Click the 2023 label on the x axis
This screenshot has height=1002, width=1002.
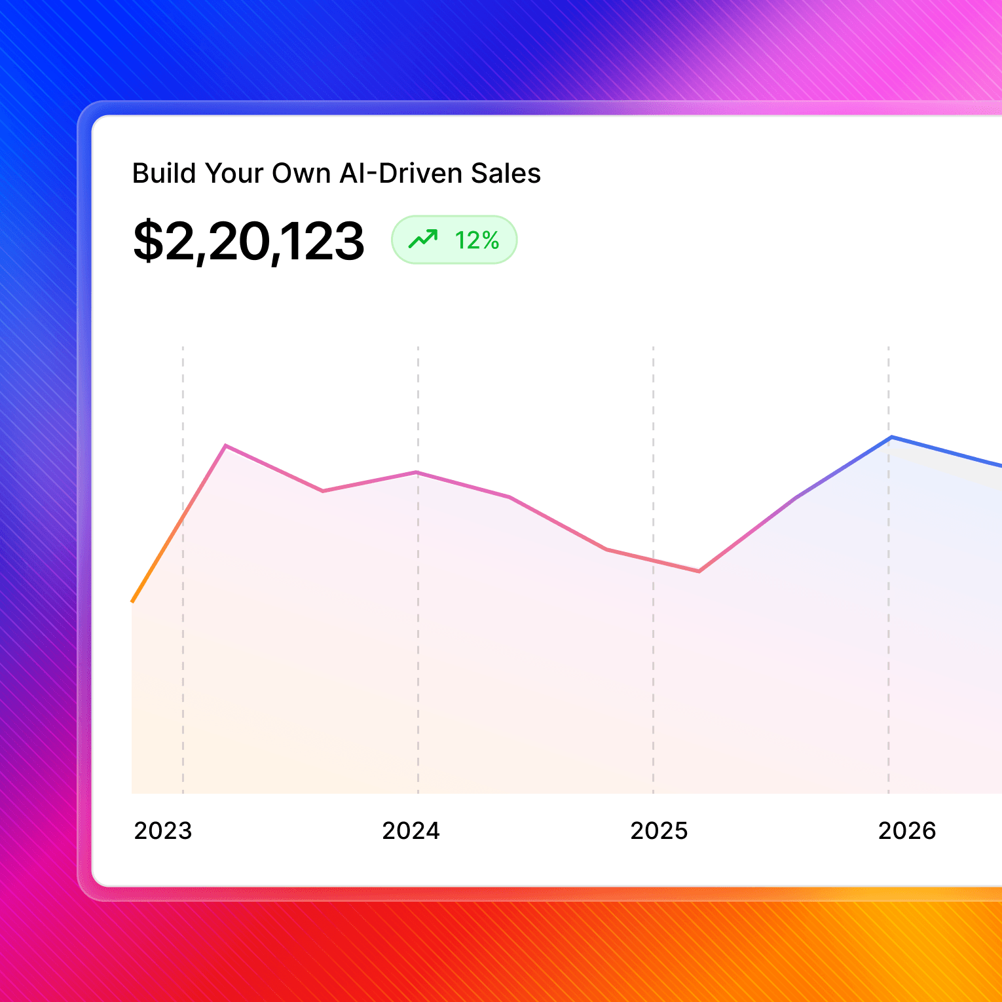click(x=163, y=830)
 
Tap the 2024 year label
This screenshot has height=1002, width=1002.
click(x=411, y=830)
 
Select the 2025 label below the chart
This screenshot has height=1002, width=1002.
click(x=659, y=830)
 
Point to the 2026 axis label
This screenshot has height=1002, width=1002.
click(x=907, y=830)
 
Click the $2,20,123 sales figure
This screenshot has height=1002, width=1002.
click(x=248, y=241)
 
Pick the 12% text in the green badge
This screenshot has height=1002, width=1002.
click(x=477, y=241)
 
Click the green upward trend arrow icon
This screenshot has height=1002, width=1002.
click(x=423, y=239)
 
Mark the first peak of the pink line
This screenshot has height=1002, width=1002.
click(x=226, y=446)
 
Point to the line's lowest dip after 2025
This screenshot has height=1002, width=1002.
click(x=699, y=571)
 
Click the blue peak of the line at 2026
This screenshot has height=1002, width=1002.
click(x=891, y=437)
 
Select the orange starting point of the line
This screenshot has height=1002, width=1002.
click(x=133, y=601)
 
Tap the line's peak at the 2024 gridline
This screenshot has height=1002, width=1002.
click(x=417, y=472)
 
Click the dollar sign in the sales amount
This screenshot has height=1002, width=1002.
click(x=147, y=241)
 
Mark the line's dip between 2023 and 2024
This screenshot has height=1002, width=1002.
click(x=324, y=491)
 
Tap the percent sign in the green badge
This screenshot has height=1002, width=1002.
click(x=491, y=241)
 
